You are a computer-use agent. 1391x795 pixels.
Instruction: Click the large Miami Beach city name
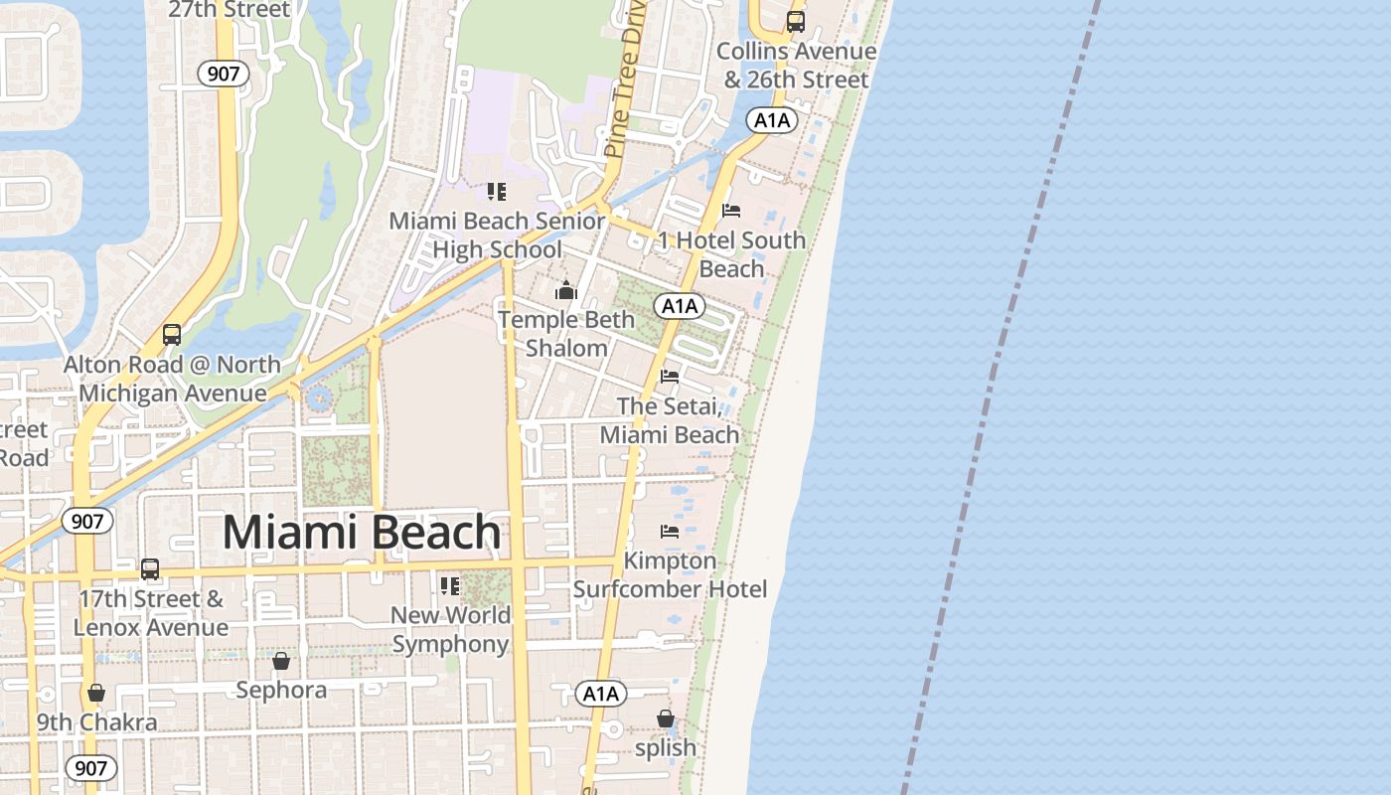pyautogui.click(x=362, y=533)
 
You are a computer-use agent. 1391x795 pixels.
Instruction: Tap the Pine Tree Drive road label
pyautogui.click(x=624, y=79)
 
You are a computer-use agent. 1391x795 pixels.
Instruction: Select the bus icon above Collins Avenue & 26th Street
pyautogui.click(x=795, y=21)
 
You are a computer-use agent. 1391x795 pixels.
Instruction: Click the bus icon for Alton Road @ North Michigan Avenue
pyautogui.click(x=172, y=335)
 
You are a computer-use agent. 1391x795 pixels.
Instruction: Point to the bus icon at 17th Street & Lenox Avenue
pyautogui.click(x=150, y=569)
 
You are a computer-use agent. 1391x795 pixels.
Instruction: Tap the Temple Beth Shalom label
pyautogui.click(x=566, y=334)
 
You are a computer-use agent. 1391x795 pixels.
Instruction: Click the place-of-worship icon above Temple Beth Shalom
pyautogui.click(x=566, y=291)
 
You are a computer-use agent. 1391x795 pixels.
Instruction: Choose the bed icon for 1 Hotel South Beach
pyautogui.click(x=731, y=211)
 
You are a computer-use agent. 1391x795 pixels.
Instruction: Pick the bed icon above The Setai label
pyautogui.click(x=670, y=377)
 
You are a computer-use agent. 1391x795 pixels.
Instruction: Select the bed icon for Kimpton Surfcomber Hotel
pyautogui.click(x=670, y=532)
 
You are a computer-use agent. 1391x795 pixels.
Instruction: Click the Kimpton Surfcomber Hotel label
pyautogui.click(x=670, y=575)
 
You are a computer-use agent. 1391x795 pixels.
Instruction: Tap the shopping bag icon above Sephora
pyautogui.click(x=281, y=661)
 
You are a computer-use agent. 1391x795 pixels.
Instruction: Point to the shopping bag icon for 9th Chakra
pyautogui.click(x=96, y=693)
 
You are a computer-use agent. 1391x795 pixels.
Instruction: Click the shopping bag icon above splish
pyautogui.click(x=666, y=718)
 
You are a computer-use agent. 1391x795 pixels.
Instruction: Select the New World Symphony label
pyautogui.click(x=451, y=629)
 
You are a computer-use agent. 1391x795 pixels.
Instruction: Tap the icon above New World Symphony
pyautogui.click(x=450, y=586)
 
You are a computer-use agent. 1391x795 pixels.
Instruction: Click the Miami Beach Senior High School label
pyautogui.click(x=497, y=236)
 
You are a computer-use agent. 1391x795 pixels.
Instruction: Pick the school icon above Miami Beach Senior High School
pyautogui.click(x=497, y=192)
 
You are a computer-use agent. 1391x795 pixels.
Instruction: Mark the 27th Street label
pyautogui.click(x=230, y=10)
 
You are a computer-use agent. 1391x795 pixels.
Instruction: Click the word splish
pyautogui.click(x=666, y=747)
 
